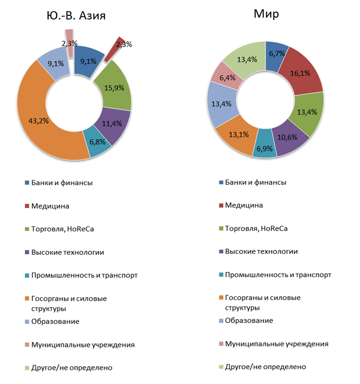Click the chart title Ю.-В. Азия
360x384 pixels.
tap(76, 15)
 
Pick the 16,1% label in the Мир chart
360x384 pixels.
tap(301, 73)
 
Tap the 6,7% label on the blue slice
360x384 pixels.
tap(277, 53)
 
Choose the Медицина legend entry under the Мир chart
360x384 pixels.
tap(240, 205)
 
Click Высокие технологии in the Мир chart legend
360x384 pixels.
tap(261, 251)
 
